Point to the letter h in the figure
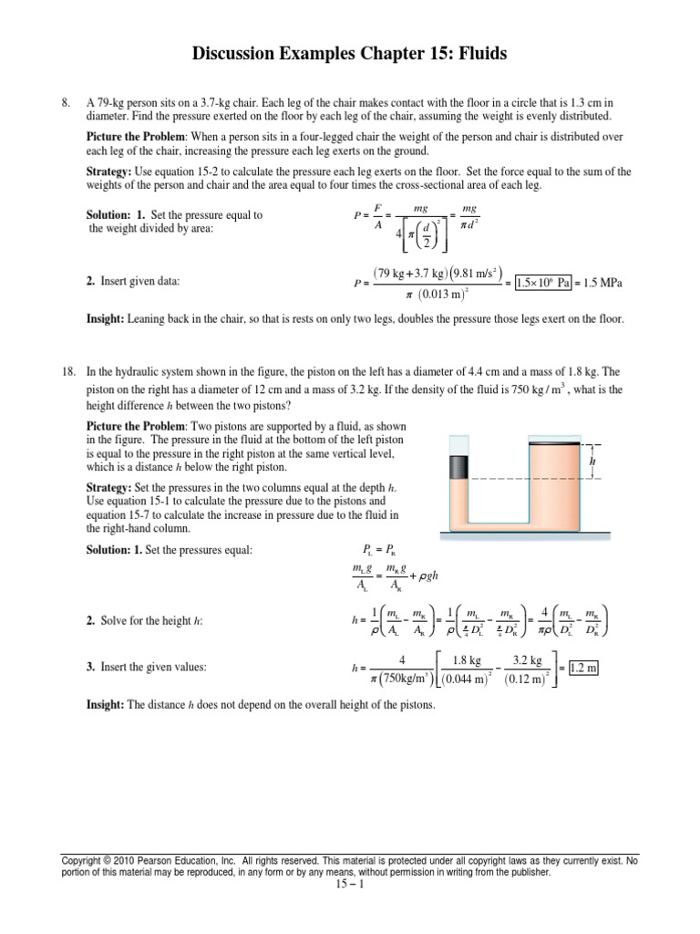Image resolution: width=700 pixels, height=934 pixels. point(592,462)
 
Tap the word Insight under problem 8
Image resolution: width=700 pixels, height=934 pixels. point(106,319)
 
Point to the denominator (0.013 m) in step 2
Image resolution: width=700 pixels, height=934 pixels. point(435,293)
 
